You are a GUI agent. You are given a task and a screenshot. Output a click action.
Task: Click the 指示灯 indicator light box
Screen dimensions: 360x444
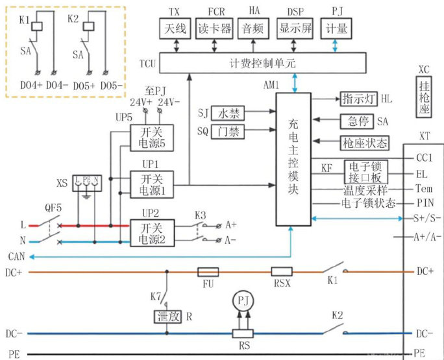click(x=358, y=99)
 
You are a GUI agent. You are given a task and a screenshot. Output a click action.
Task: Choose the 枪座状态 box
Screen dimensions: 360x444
click(x=365, y=142)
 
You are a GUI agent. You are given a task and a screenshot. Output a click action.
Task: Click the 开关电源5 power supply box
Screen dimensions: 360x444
click(x=153, y=138)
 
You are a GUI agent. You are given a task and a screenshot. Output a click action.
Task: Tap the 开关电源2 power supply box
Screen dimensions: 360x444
click(x=153, y=232)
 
